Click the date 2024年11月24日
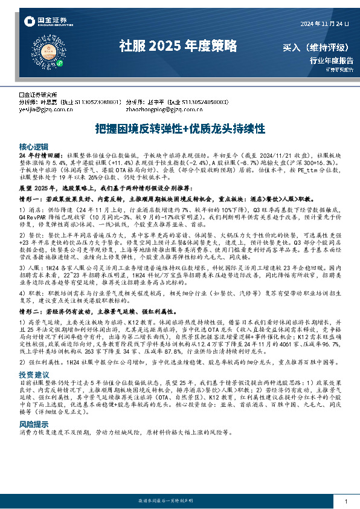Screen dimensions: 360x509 325,24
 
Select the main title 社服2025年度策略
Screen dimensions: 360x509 178,45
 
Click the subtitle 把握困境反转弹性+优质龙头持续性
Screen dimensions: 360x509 180,129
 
